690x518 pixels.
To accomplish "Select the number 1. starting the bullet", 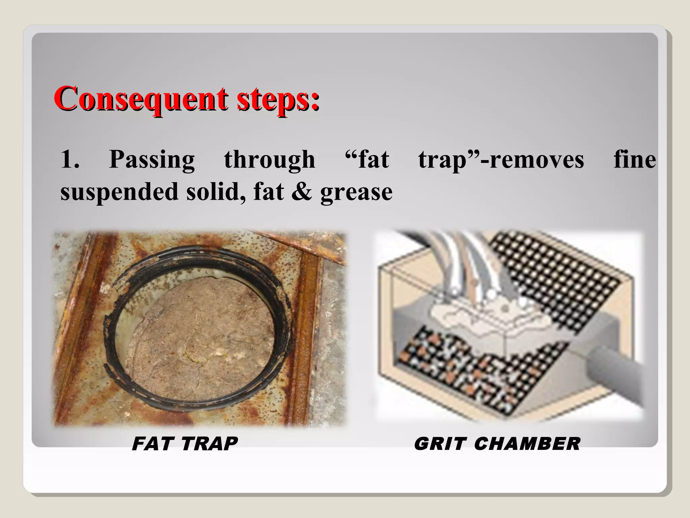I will point(70,159).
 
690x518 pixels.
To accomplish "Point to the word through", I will point(270,160).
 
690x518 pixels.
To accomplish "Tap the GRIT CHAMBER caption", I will point(497,443).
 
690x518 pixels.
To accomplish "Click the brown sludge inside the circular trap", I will point(199,337).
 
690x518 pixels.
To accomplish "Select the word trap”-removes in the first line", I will point(501,160).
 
